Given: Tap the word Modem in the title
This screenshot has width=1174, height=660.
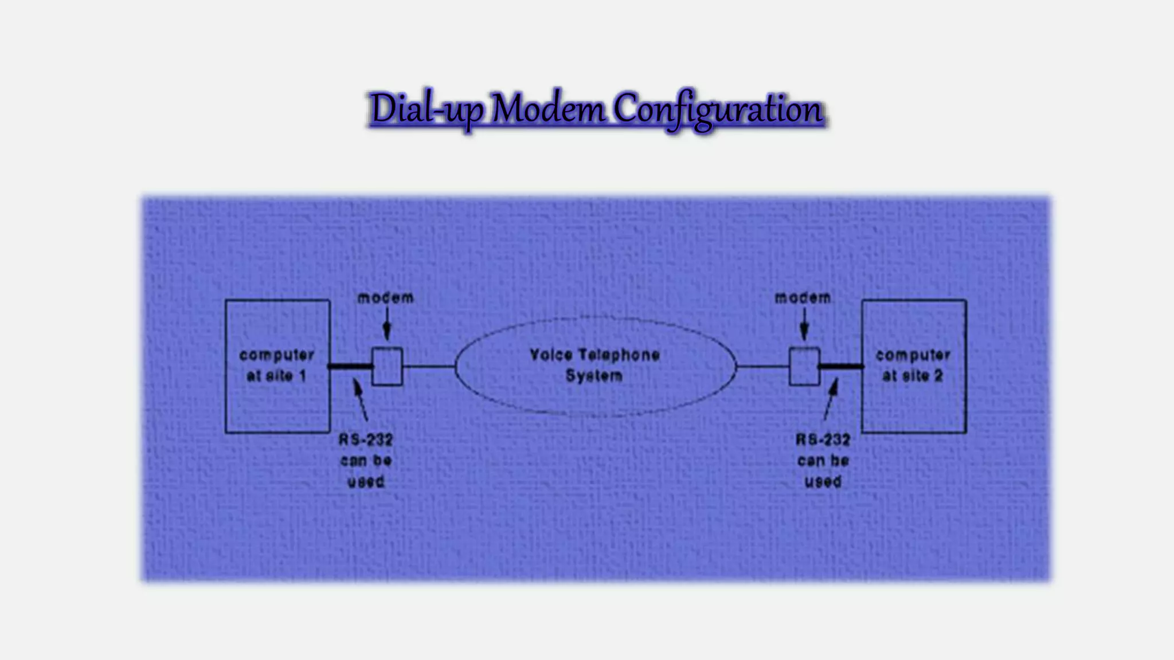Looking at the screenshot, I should (x=548, y=109).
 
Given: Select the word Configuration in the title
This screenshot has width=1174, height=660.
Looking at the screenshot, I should (x=719, y=109).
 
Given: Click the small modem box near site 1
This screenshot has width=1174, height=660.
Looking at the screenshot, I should (x=388, y=367).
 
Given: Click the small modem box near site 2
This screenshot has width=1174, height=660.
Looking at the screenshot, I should (x=804, y=367).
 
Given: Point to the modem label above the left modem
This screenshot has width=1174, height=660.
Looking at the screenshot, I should (x=385, y=298).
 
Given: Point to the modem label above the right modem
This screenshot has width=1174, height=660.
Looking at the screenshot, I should (x=803, y=298).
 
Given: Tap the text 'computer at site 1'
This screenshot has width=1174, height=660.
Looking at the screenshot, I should (x=276, y=366).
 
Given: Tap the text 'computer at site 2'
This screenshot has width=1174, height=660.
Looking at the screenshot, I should (x=913, y=366).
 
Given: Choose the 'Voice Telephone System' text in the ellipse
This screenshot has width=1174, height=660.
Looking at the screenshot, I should (x=594, y=365).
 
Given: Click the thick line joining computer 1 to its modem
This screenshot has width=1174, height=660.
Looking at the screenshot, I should (x=351, y=367).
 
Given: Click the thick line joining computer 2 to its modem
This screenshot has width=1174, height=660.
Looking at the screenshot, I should (x=841, y=367).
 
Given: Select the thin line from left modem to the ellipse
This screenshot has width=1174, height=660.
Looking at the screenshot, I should (x=429, y=367).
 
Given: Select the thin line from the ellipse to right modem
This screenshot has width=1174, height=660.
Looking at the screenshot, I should (x=762, y=367).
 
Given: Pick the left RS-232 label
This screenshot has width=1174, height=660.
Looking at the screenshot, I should (x=366, y=440).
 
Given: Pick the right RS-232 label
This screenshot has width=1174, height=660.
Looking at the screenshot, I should (x=823, y=440).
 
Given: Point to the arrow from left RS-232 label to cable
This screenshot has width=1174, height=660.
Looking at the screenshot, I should (x=361, y=401).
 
